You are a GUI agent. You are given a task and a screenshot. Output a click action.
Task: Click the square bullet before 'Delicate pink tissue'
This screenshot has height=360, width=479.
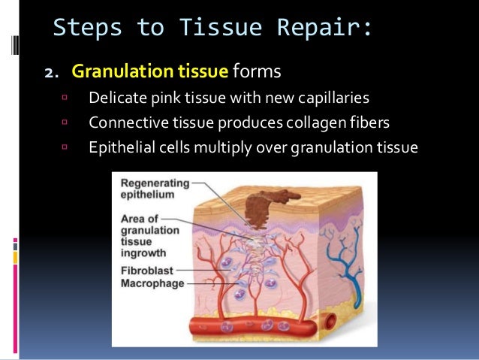point(65,97)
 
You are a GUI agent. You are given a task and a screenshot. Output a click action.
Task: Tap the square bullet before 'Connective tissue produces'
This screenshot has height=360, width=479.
point(65,121)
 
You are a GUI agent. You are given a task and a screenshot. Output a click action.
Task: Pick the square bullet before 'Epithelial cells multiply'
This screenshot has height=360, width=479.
point(65,145)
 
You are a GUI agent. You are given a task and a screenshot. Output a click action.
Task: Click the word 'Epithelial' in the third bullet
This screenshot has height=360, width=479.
point(120,146)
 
